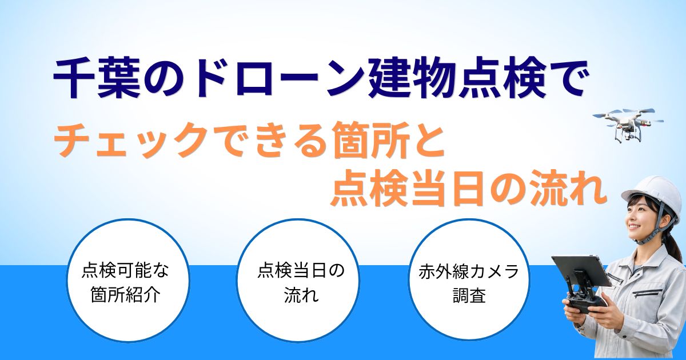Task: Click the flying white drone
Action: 627,124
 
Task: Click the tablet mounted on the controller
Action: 582,271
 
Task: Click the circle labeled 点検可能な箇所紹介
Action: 129,280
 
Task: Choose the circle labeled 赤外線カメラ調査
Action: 469,280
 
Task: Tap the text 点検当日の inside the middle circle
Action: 301,271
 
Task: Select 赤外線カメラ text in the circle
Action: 469,271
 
